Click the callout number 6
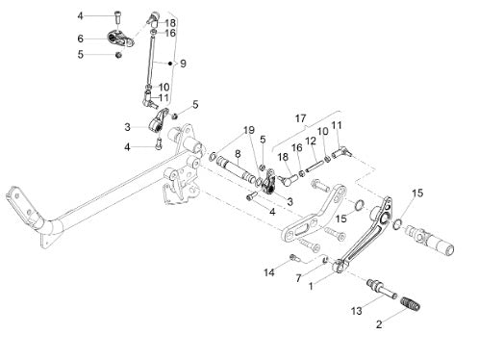(x=80, y=39)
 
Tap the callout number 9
(x=183, y=64)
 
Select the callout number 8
(x=238, y=154)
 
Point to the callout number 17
(x=300, y=118)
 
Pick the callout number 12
(x=311, y=141)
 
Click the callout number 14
(x=269, y=272)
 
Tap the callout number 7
(x=298, y=278)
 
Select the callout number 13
(x=357, y=311)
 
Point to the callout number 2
(x=379, y=324)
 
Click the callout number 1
(x=311, y=286)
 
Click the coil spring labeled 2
(x=410, y=304)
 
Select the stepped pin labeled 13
(x=382, y=288)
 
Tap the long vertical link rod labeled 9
(x=150, y=60)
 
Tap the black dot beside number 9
(x=170, y=64)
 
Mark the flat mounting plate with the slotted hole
(x=314, y=214)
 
